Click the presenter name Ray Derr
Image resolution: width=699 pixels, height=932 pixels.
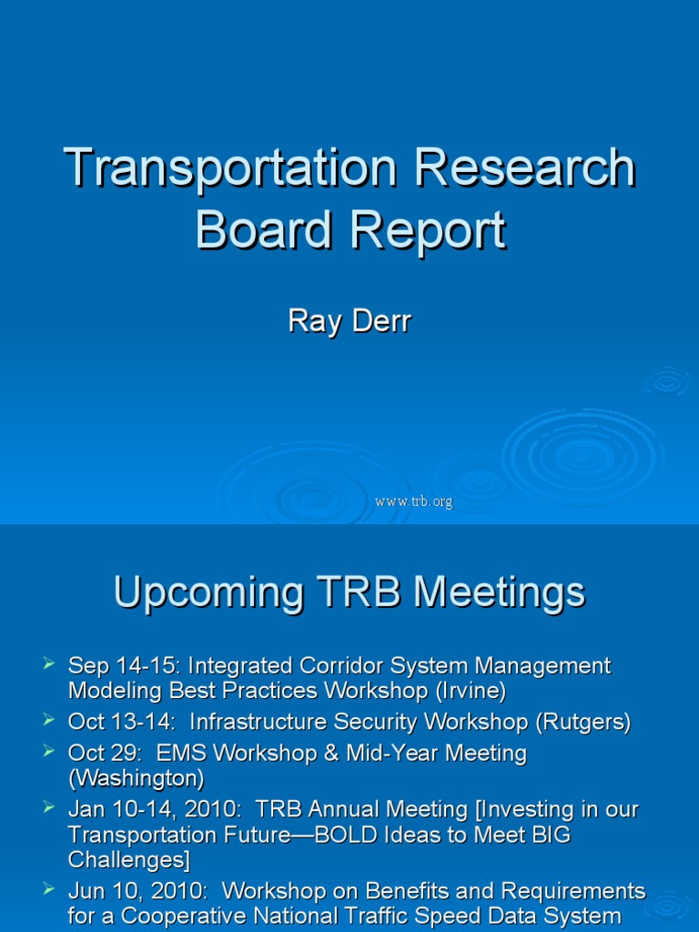click(349, 321)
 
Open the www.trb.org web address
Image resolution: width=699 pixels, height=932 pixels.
click(413, 501)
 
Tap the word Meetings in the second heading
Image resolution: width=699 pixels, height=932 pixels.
click(499, 593)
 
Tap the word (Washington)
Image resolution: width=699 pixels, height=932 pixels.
click(137, 779)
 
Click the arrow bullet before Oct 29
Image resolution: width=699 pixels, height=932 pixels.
click(50, 751)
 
